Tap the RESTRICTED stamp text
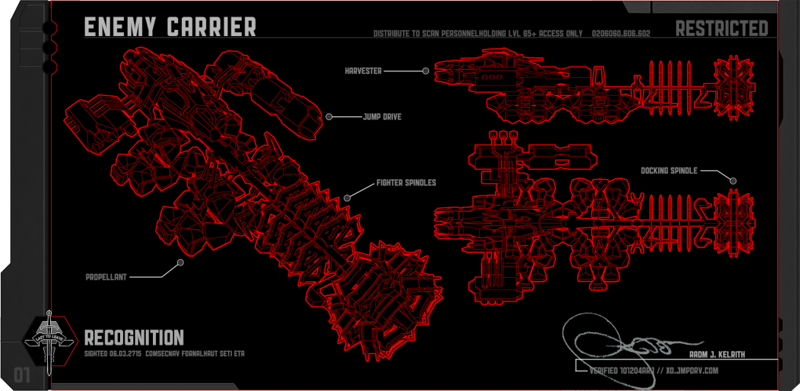tap(722, 29)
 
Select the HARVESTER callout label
tap(363, 71)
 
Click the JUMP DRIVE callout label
tap(383, 117)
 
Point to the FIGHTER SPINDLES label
tap(405, 183)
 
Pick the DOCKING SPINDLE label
tap(669, 170)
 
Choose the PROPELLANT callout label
tap(107, 277)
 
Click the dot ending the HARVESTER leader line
tap(426, 71)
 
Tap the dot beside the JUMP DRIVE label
tap(329, 117)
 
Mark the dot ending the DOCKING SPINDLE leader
tap(733, 181)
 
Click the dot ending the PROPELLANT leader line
tap(180, 262)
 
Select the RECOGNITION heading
tap(133, 338)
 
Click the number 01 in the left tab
tap(21, 375)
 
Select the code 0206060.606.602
tap(622, 35)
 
